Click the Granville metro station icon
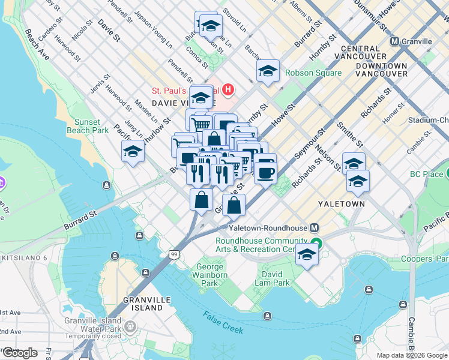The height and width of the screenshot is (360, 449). [x=395, y=41]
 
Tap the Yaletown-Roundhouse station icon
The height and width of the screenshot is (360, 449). [x=314, y=228]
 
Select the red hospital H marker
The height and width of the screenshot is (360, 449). [x=228, y=91]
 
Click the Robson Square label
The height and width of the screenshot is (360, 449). [x=313, y=73]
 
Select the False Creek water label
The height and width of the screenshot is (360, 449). [x=223, y=323]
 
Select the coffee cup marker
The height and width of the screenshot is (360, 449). [x=265, y=172]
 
